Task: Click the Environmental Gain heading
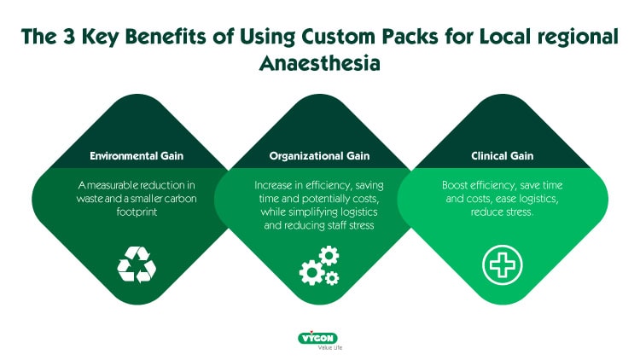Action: (137, 156)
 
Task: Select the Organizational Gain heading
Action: (320, 156)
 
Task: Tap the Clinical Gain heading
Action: (503, 156)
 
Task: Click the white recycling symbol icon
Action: (137, 264)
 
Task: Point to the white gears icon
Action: (319, 265)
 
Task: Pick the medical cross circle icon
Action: (501, 264)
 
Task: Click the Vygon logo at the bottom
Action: (319, 338)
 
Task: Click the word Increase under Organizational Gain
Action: (276, 184)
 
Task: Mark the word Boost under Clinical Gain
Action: (457, 184)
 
